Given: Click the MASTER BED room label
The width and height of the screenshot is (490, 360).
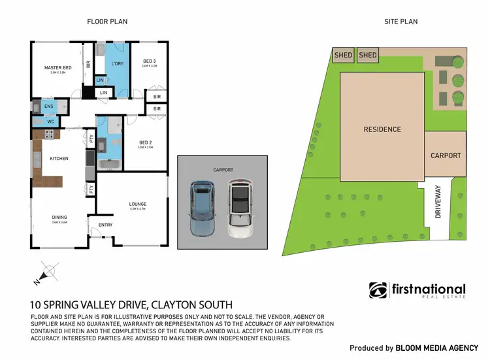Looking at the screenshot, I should pyautogui.click(x=57, y=68).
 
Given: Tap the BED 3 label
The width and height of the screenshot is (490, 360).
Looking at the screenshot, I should pyautogui.click(x=149, y=61).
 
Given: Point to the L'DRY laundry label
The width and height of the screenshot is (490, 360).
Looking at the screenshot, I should pyautogui.click(x=118, y=63).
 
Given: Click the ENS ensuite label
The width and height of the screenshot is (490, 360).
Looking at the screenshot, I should pyautogui.click(x=48, y=106).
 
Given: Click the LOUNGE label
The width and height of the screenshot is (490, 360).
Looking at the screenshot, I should pyautogui.click(x=138, y=205).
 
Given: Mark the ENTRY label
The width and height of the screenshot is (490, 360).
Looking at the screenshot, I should pyautogui.click(x=105, y=225).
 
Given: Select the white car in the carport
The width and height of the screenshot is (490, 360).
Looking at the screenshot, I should pyautogui.click(x=240, y=208).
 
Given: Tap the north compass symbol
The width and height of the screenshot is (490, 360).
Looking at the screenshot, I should pyautogui.click(x=46, y=272).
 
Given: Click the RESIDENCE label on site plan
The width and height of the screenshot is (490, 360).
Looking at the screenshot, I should pyautogui.click(x=382, y=129).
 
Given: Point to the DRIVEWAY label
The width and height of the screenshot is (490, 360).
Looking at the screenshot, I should pyautogui.click(x=438, y=203).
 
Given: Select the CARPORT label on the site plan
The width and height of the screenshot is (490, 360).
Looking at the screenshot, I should pyautogui.click(x=446, y=155).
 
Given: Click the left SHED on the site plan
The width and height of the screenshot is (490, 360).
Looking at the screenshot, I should pyautogui.click(x=343, y=55).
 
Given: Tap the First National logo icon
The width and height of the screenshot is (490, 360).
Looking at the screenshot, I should pyautogui.click(x=378, y=290).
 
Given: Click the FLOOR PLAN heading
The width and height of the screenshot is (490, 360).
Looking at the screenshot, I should pyautogui.click(x=107, y=22).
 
